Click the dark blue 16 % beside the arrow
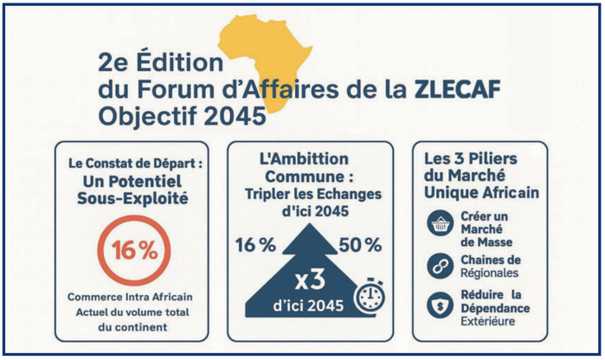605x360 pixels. point(254,245)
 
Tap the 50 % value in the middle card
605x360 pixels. point(359,245)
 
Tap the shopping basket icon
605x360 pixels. point(439,225)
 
